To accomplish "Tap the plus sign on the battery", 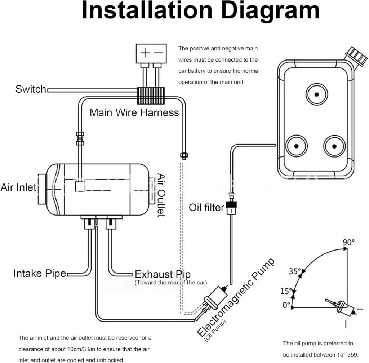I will [x=145, y=53].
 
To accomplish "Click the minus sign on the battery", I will [x=158, y=53].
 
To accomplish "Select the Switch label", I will [x=31, y=89].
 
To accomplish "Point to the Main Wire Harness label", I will [x=134, y=112].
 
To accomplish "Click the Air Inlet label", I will [x=18, y=187].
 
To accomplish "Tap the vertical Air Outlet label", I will [x=161, y=195].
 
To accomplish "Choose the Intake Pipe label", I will [x=40, y=274].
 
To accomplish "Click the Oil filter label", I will [x=206, y=208].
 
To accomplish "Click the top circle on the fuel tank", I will [x=317, y=94].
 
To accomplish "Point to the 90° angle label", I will [x=348, y=242].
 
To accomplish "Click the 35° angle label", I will [x=294, y=271].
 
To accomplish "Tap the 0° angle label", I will [x=286, y=305].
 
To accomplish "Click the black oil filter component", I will [x=230, y=207].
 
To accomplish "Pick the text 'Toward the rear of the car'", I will [x=170, y=283].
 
